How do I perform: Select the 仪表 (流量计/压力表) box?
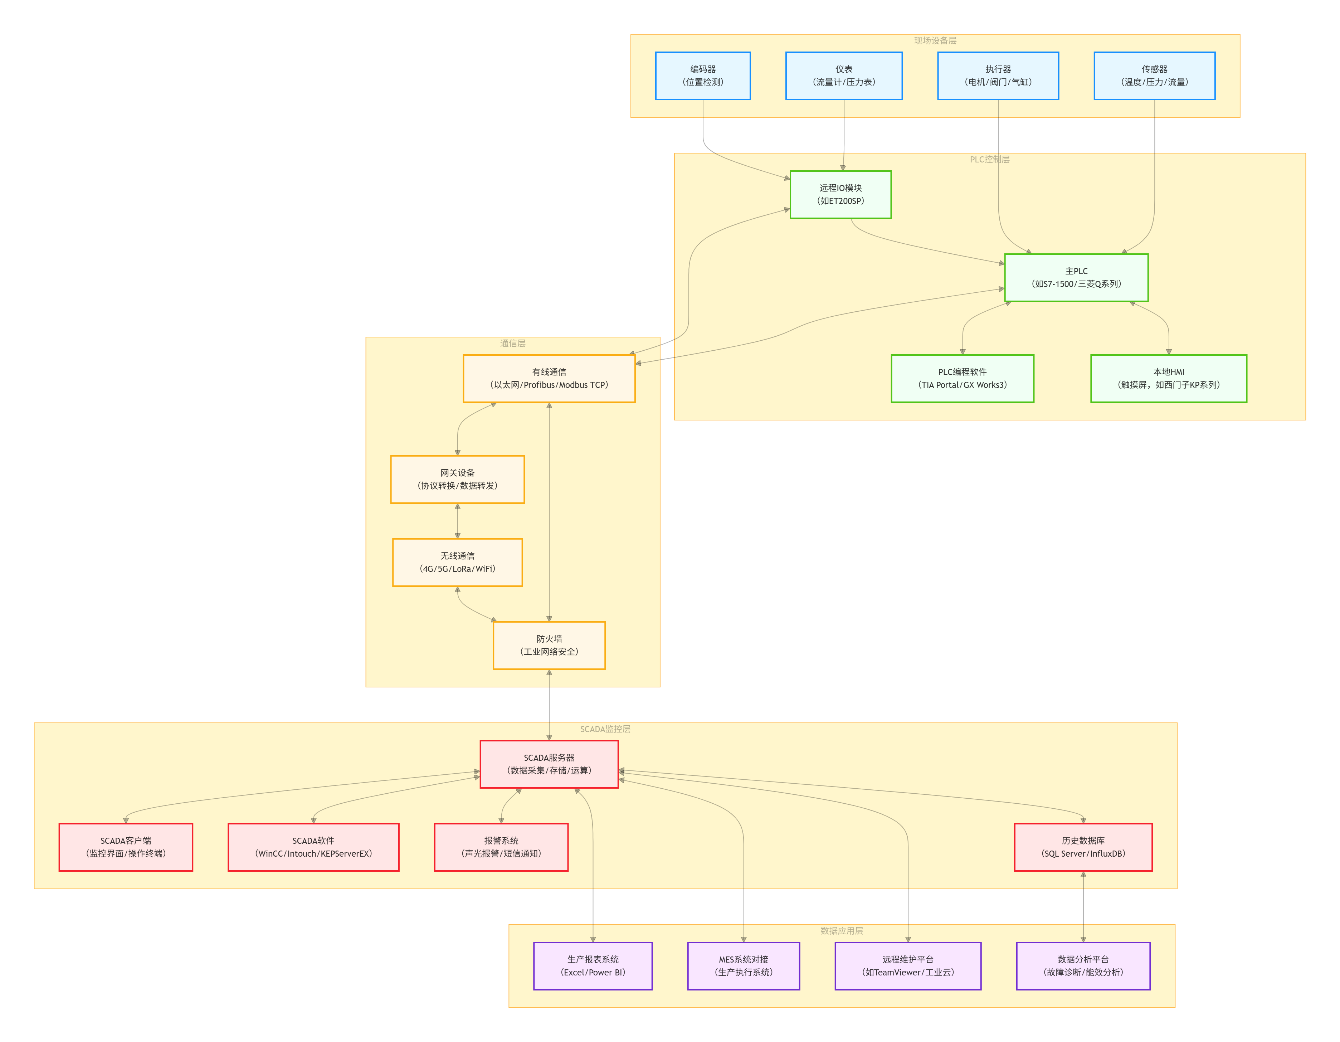pos(844,76)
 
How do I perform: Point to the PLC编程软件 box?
pos(962,379)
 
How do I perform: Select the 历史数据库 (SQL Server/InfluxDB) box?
pos(1083,847)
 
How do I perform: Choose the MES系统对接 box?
pos(743,966)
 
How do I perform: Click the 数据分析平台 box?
pos(1083,966)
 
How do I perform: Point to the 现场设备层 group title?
pos(935,40)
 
